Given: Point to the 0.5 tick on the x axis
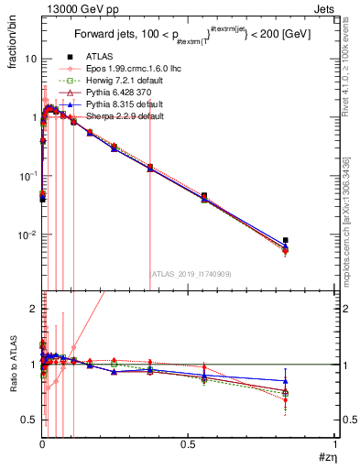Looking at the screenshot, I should pyautogui.click(x=188, y=445).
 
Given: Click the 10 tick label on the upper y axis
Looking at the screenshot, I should pyautogui.click(x=29, y=59).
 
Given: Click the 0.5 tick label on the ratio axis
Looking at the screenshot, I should pyautogui.click(x=29, y=420).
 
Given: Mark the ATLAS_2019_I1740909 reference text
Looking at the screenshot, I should pyautogui.click(x=191, y=273).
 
